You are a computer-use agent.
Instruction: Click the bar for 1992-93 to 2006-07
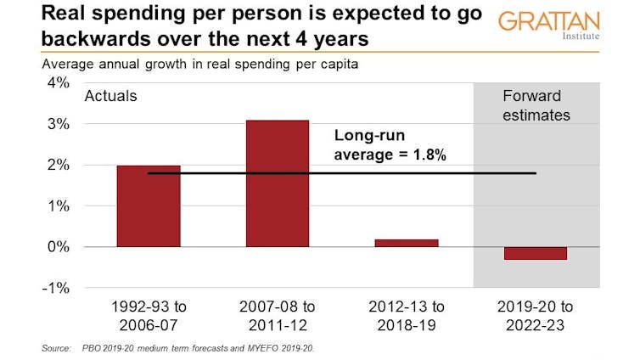(x=149, y=206)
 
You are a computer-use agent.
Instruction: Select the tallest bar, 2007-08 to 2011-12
(x=277, y=183)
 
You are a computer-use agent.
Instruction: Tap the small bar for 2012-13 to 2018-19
(x=406, y=243)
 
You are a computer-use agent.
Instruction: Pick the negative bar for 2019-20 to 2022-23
(x=535, y=253)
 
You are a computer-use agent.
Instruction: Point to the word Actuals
(x=110, y=96)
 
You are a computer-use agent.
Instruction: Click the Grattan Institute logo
(x=549, y=26)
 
